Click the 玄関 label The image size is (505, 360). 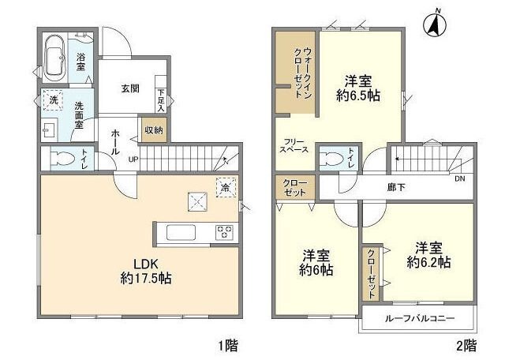130,88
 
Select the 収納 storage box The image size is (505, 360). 153,130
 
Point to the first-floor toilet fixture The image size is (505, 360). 60,159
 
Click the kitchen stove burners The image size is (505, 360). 224,233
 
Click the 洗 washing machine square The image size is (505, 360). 53,100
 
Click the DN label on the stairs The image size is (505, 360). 460,179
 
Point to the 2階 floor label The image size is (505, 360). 465,345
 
